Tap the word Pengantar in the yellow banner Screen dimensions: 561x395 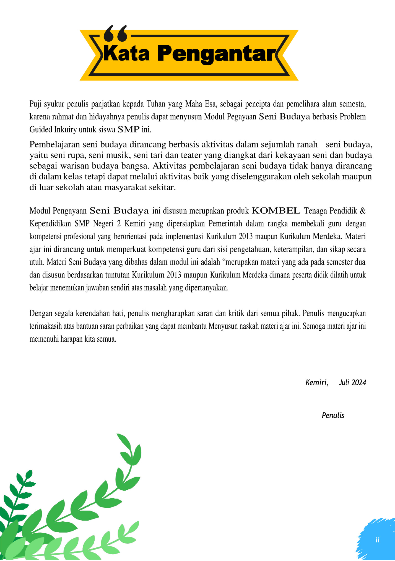217,54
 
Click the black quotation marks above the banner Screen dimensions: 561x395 116,33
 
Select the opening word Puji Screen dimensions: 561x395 35,104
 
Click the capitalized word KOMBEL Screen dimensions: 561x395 276,211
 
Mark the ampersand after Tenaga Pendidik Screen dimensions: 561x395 363,211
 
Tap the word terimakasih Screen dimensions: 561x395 46,326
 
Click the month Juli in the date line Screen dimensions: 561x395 344,383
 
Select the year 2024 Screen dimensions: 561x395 359,383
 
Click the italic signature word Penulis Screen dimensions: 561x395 333,415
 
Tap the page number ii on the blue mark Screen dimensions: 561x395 377,540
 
